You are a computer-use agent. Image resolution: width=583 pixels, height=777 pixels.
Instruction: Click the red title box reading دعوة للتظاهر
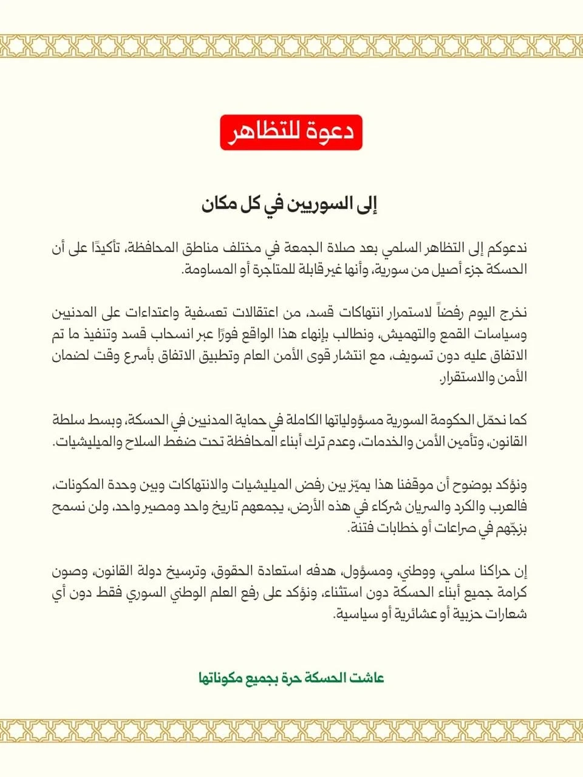[291, 132]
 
